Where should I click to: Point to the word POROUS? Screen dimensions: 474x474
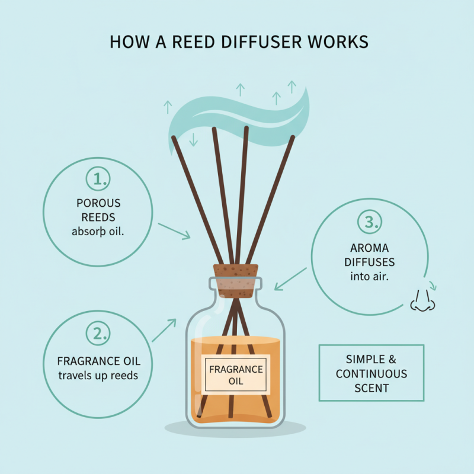pyautogui.click(x=98, y=203)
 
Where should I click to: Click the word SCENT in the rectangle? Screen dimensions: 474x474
pyautogui.click(x=371, y=389)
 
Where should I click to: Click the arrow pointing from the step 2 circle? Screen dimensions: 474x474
pyautogui.click(x=164, y=330)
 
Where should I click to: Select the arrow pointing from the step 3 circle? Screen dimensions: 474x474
pyautogui.click(x=291, y=278)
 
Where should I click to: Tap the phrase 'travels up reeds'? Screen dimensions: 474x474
pyautogui.click(x=98, y=376)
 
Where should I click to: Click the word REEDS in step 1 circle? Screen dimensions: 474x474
pyautogui.click(x=98, y=217)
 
